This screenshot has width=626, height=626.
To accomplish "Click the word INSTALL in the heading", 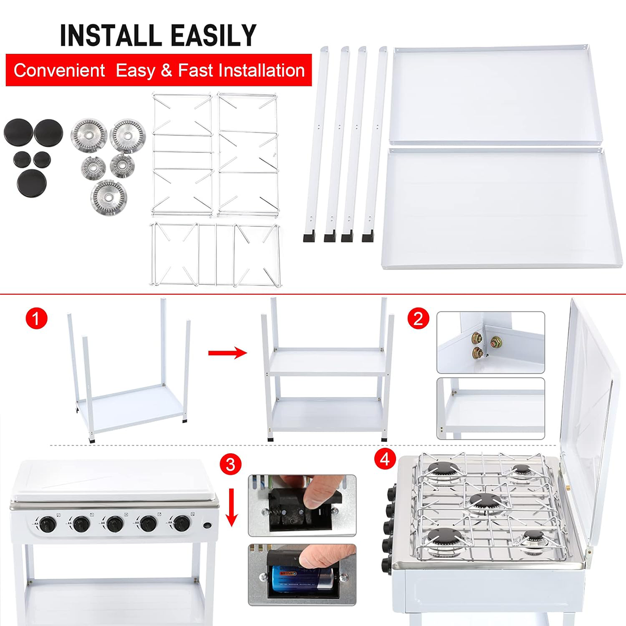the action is coord(111,35).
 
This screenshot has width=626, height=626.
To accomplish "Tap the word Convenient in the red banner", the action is coord(59,70).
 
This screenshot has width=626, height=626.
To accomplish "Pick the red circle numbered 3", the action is coord(231,465).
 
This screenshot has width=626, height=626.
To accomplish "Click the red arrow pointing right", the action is coord(227,353).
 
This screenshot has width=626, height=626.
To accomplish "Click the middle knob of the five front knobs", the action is coord(115,524).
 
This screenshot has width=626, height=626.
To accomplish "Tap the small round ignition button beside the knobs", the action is coord(207,525).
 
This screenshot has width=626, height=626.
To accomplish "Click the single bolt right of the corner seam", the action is coord(496,341).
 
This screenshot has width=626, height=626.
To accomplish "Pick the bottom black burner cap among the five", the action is coord(32,183).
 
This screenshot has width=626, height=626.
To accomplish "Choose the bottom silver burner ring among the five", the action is coord(109,198).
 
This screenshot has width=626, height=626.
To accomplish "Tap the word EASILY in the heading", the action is coord(214,35).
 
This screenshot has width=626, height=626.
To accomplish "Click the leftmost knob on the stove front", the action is coord(48,524).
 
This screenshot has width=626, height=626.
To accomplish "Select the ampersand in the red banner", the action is coord(166,70).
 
